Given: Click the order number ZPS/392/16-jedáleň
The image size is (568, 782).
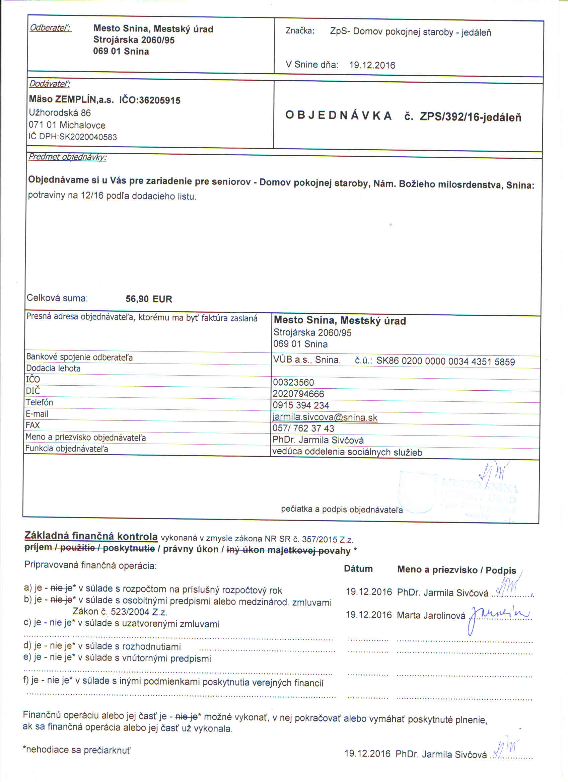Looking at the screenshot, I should click(x=471, y=117).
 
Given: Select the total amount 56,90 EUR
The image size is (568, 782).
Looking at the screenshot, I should click(x=149, y=299).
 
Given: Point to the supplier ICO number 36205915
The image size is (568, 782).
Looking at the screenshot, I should click(x=160, y=100).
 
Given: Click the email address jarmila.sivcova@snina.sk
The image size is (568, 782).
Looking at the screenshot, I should click(x=325, y=417).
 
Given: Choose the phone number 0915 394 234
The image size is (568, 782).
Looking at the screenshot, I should click(x=301, y=405).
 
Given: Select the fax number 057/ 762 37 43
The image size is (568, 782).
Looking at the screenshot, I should click(x=303, y=428).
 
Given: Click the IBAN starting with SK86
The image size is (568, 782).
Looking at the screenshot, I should click(x=445, y=361).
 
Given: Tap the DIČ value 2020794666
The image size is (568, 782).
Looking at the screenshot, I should click(x=298, y=394).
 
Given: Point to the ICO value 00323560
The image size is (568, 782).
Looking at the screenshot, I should click(x=293, y=382).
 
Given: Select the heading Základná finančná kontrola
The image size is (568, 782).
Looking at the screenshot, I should click(x=91, y=536).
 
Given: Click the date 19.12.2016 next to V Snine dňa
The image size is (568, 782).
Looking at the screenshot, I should click(x=372, y=65).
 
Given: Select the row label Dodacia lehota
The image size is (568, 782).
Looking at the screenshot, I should click(x=53, y=368).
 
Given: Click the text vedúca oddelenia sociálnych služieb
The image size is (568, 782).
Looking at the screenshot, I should click(x=347, y=452).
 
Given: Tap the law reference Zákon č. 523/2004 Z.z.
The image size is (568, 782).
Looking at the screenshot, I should click(x=120, y=612).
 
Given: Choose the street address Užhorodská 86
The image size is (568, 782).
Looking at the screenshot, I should click(x=60, y=113).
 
